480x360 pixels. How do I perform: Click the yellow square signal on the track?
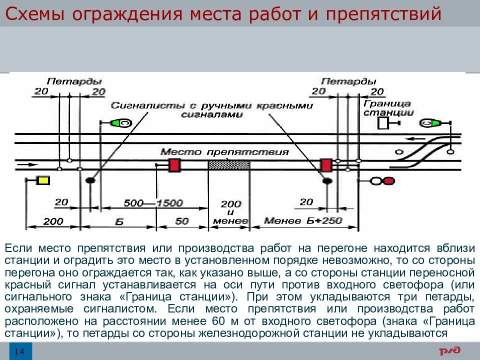[42, 180]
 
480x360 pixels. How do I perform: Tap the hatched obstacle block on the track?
[228, 164]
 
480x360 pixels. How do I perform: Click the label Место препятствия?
[224, 151]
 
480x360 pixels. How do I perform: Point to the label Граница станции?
[387, 108]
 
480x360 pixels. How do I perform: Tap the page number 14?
[19, 351]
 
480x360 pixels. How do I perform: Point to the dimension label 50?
[182, 221]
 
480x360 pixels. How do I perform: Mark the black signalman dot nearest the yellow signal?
[90, 180]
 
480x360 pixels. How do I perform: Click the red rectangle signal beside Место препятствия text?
[174, 165]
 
